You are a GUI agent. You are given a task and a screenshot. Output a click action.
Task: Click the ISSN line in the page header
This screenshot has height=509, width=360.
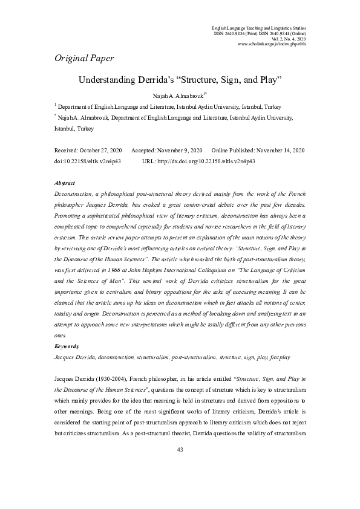point(260,33)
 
